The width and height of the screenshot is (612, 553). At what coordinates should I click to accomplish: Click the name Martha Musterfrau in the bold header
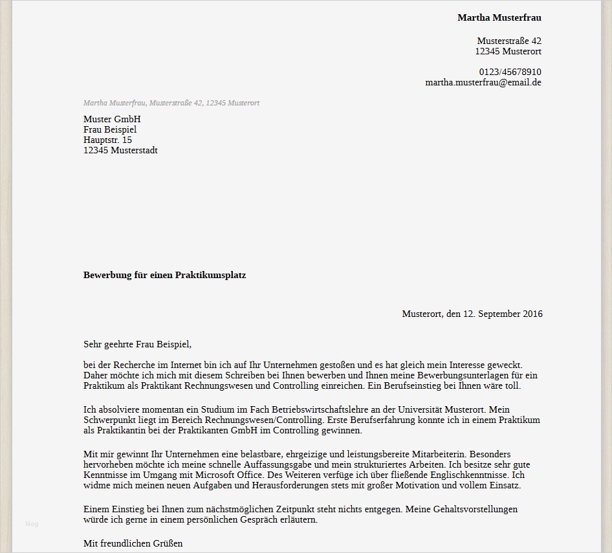(499, 17)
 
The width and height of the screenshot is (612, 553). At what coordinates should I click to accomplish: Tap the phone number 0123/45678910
(510, 72)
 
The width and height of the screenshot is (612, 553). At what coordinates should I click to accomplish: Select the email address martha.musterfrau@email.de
(483, 82)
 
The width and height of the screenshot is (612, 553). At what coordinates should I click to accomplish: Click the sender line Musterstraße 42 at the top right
(509, 41)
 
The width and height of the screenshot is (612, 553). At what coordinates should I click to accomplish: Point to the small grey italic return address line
(171, 103)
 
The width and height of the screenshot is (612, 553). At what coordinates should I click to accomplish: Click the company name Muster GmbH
(112, 119)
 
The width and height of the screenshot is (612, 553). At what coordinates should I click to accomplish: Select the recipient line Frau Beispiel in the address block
(110, 129)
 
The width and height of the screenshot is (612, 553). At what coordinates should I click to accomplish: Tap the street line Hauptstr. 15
(107, 140)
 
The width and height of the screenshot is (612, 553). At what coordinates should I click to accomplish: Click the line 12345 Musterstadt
(120, 150)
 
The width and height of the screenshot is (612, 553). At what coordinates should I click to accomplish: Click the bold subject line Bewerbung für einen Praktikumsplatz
(164, 275)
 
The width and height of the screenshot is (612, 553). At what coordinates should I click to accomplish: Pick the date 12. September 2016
(503, 314)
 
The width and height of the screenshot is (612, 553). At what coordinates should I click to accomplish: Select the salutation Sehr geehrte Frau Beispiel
(137, 345)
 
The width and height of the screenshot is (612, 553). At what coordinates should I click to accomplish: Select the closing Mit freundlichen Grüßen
(133, 543)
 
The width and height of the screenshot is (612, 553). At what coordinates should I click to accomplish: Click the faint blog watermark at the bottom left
(32, 523)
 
